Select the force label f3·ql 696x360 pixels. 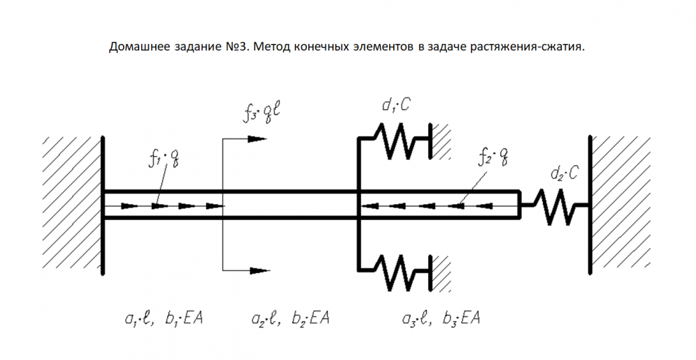[262, 113]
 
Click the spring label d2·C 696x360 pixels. [564, 173]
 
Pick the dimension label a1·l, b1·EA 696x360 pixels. [164, 318]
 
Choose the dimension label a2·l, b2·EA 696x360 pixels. [290, 318]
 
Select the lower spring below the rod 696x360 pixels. [396, 272]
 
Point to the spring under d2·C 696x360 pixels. [555, 206]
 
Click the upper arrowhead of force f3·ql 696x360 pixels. [258, 139]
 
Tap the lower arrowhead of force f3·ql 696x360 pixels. [260, 271]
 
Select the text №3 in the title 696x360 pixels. [236, 47]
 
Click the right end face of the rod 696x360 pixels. [520, 205]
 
